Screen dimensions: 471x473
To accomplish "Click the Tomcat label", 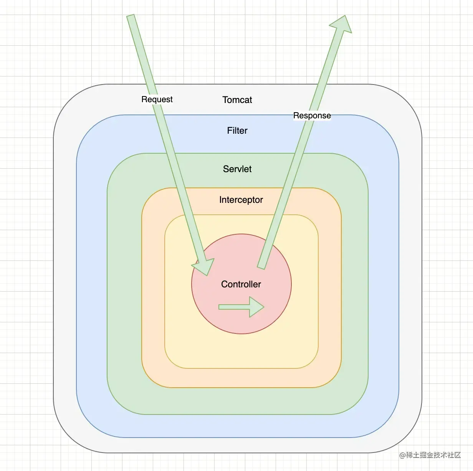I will pos(237,100).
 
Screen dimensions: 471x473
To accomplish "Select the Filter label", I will pos(237,131).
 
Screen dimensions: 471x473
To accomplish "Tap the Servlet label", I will pos(237,169).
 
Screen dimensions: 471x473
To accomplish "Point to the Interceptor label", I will pos(241,200).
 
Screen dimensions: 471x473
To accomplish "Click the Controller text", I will pos(241,284).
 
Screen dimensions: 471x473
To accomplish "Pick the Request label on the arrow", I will pos(157,100).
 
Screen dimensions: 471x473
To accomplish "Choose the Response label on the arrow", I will pos(312,116).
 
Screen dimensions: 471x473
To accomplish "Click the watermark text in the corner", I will pos(430,455).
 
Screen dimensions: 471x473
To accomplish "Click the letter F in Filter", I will pos(229,131).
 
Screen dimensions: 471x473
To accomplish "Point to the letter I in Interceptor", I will pos(220,200).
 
